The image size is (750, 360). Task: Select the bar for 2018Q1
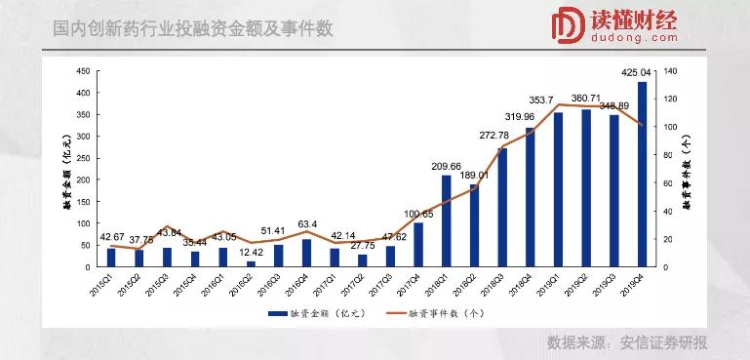[x=447, y=220]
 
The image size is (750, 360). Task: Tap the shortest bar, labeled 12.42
[x=251, y=263]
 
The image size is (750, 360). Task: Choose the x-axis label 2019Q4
[x=639, y=284]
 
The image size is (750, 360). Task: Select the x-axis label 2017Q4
[x=415, y=284]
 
